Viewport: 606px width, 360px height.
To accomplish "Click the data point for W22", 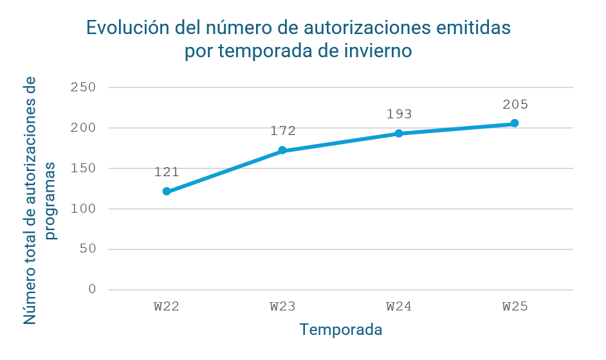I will pos(167,192).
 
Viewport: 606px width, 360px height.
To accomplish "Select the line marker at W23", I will pos(282,150).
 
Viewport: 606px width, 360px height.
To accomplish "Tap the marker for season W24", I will pos(399,134).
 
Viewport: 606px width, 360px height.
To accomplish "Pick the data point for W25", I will pos(515,123).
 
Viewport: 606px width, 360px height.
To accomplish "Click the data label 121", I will pos(167,172).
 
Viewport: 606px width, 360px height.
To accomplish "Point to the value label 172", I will pos(282,131).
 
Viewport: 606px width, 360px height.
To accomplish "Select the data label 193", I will pos(399,114).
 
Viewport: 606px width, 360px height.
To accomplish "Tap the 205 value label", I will pos(515,104).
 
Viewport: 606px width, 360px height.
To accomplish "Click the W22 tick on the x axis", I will pos(167,306).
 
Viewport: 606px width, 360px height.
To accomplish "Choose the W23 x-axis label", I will pos(282,306).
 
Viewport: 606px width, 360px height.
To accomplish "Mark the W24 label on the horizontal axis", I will pos(399,306).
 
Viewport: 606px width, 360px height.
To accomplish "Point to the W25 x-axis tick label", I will pos(515,306).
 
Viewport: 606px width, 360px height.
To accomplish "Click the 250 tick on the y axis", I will pos(83,87).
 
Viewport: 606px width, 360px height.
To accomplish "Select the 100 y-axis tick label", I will pos(83,209).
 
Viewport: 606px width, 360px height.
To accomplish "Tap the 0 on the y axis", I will pos(92,289).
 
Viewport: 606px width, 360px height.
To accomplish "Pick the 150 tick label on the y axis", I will pos(83,168).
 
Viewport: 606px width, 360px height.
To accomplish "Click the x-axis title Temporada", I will pos(341,330).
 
